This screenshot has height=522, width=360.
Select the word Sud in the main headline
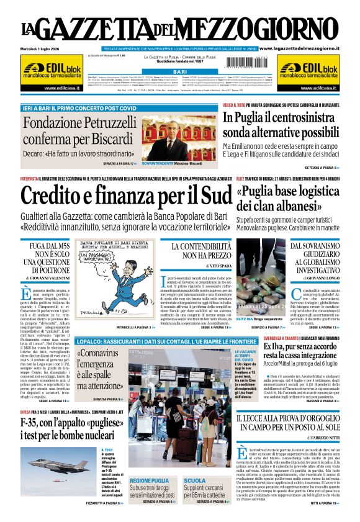(x=207, y=197)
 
